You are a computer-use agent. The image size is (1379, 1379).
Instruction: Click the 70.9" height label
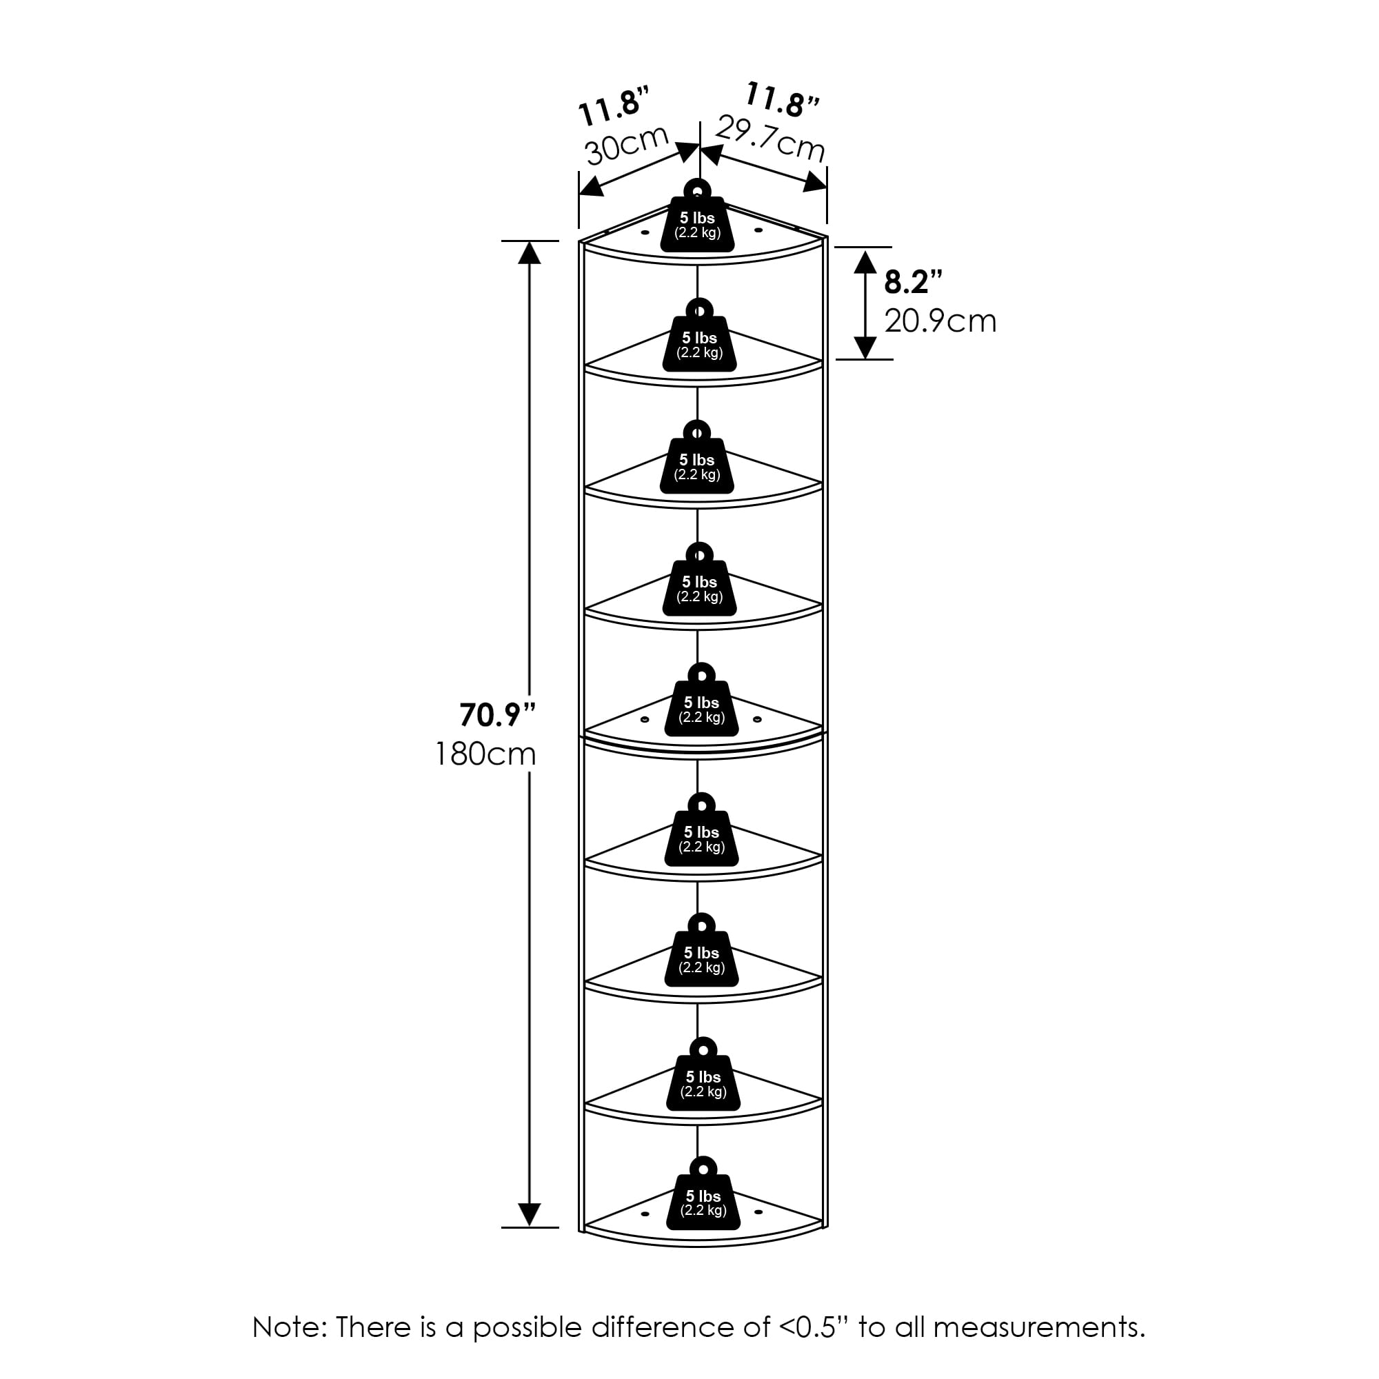pos(496,714)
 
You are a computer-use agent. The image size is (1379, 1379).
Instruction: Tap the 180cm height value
pos(485,754)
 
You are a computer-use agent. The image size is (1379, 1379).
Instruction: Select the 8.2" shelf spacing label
pos(913,283)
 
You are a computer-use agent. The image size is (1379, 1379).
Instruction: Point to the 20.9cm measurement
pos(940,321)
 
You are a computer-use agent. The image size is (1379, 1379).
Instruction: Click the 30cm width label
pos(626,145)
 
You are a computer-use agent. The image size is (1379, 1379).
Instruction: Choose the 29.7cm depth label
pos(770,139)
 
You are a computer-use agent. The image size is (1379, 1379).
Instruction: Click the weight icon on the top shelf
pos(697,219)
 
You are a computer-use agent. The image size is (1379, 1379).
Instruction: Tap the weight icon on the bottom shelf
pos(703,1200)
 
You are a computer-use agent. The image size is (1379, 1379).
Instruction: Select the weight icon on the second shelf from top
pos(699,339)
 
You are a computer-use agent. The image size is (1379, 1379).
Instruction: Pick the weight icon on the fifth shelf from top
pos(702,703)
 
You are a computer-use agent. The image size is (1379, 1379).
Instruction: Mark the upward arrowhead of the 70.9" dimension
pos(529,252)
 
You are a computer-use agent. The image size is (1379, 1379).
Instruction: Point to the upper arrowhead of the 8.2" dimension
pos(865,261)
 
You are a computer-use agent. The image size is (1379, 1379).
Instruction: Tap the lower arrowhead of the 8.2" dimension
pos(865,348)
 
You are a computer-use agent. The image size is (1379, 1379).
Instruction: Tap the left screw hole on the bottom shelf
pos(645,1214)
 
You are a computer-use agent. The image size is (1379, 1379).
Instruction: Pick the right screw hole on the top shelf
pos(758,230)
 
